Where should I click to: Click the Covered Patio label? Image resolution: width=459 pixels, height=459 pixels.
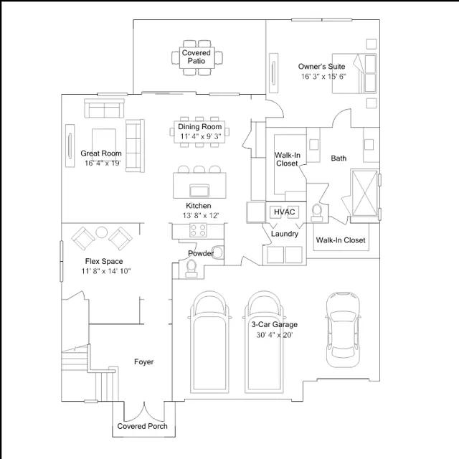pos(196,57)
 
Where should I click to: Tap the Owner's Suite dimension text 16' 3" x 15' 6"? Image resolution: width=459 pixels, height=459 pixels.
pos(323,77)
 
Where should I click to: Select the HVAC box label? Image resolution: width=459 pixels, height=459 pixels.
pos(284,212)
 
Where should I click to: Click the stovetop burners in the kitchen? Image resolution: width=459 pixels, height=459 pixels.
pos(198,229)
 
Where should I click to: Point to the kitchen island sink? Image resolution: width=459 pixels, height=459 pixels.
pos(199,190)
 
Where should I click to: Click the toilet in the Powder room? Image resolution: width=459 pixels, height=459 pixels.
pos(191,268)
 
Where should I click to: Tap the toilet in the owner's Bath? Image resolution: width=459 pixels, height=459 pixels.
pos(317,212)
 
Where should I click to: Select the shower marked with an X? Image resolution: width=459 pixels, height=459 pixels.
pos(364,193)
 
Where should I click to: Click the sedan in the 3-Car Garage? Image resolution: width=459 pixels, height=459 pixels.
pos(343,330)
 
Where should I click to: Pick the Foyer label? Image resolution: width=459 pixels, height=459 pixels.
pos(143,361)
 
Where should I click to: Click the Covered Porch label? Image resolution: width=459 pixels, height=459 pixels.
pos(142,426)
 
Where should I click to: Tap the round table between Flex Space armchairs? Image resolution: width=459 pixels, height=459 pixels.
pos(102,232)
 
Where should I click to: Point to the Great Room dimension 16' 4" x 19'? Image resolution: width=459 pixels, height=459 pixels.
pos(103,163)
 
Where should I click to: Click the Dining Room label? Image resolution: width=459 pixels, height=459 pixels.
pos(200,127)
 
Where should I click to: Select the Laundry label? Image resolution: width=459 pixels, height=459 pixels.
pos(284,234)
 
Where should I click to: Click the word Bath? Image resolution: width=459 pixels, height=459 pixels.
pos(339,158)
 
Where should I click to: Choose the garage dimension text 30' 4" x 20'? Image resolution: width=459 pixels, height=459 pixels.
pos(275,335)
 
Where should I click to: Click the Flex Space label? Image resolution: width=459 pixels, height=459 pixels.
pos(104,261)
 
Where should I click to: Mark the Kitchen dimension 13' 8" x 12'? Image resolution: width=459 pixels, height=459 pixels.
pos(201,215)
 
